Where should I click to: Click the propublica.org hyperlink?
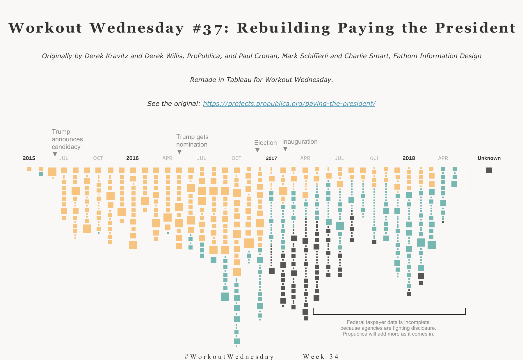click(289, 104)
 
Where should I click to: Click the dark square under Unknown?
click(489, 170)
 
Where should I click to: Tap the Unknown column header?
click(489, 158)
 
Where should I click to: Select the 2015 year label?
click(29, 158)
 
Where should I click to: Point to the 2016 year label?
click(132, 158)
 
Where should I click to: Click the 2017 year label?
click(271, 158)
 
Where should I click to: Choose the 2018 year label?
click(408, 158)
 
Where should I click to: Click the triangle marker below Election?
click(257, 150)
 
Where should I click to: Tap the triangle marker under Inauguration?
click(285, 149)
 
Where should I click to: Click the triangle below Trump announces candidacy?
click(55, 154)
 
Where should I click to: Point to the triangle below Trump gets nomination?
click(179, 152)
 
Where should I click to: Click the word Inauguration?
click(300, 142)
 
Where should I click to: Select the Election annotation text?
click(265, 143)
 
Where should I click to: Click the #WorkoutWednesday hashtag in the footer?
click(229, 357)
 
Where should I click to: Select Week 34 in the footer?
click(321, 357)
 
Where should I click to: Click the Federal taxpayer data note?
click(388, 328)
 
